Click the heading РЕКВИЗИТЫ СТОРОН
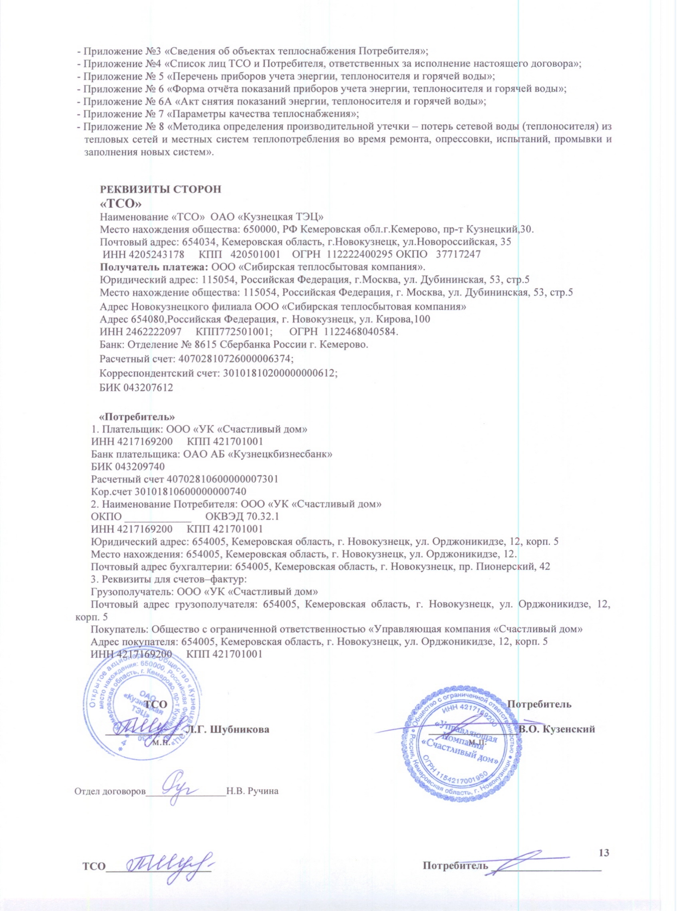point(161,189)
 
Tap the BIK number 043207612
point(148,387)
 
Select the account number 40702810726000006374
point(234,359)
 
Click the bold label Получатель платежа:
point(155,266)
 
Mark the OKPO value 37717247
point(458,254)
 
